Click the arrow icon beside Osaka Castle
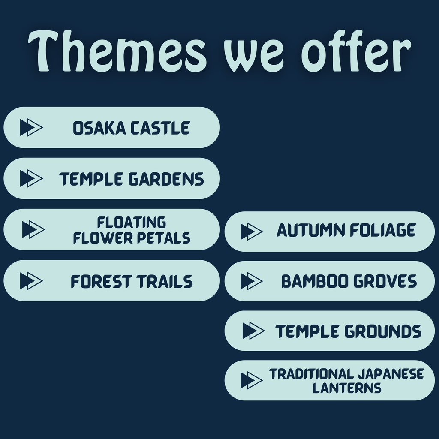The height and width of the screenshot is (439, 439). point(31,127)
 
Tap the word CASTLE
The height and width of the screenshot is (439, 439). point(160,128)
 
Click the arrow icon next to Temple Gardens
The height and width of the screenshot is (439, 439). point(31,178)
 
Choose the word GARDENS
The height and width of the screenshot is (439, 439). point(166,179)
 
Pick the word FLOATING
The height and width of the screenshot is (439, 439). point(132,223)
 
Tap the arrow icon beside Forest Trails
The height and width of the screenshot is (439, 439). point(31,280)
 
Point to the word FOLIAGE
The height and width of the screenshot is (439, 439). point(383,230)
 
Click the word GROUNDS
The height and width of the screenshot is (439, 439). point(383,331)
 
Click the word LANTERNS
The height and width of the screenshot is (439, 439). point(347,388)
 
